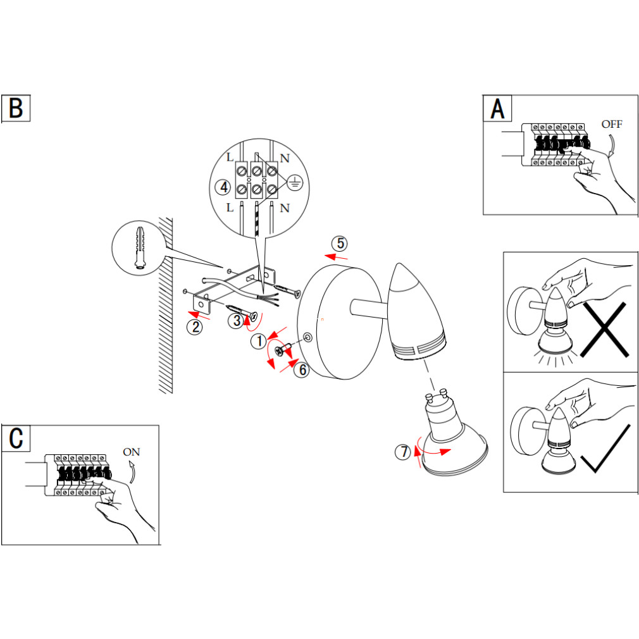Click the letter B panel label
coord(16,109)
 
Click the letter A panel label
coord(498,109)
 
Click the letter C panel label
coord(16,438)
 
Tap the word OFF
coord(612,124)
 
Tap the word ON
coord(132,452)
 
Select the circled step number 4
coord(222,187)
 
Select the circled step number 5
coord(340,243)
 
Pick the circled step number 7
coord(402,452)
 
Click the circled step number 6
coord(302,369)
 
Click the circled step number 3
coord(235,321)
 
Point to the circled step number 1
coord(259,342)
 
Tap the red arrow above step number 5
coord(336,257)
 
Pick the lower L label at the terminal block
coord(230,208)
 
